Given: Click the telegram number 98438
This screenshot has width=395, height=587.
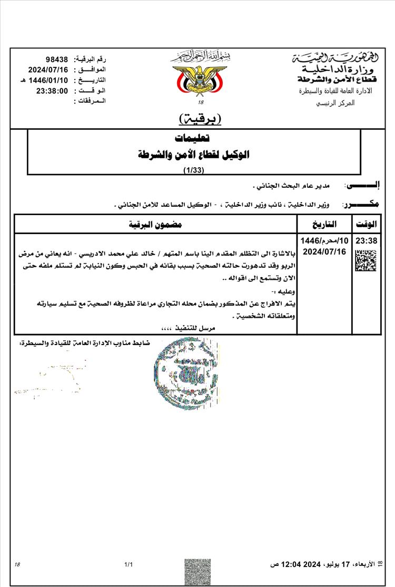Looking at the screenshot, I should (x=58, y=59).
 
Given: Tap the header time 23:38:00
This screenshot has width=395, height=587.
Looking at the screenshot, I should (x=52, y=90).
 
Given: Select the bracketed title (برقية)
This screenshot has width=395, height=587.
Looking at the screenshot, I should (x=201, y=118).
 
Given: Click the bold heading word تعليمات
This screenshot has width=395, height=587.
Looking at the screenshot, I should (x=193, y=138).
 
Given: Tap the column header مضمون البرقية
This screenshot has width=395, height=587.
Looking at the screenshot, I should (x=156, y=224).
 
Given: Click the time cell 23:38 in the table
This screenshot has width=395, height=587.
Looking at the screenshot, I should (x=366, y=241).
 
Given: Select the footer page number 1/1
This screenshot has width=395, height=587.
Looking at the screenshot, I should (x=128, y=565).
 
